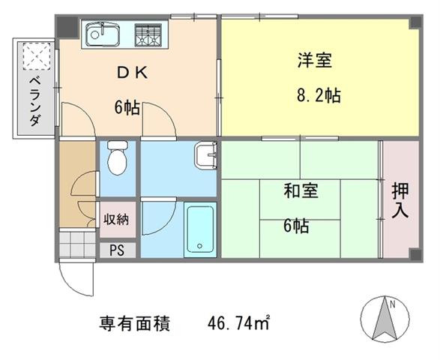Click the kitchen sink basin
[103, 34]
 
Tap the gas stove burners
[148, 34]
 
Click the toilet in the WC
[118, 157]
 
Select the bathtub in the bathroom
[200, 229]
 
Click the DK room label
[132, 73]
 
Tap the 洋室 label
[315, 60]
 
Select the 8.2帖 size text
[319, 96]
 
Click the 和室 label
[301, 190]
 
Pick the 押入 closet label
[400, 200]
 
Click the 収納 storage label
[116, 219]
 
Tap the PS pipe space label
[117, 250]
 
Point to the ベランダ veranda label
[35, 101]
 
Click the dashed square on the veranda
[37, 56]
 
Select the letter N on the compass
[392, 304]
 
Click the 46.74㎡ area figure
[238, 323]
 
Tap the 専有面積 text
[134, 323]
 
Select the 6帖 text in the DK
[127, 107]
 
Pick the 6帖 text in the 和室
[296, 226]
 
